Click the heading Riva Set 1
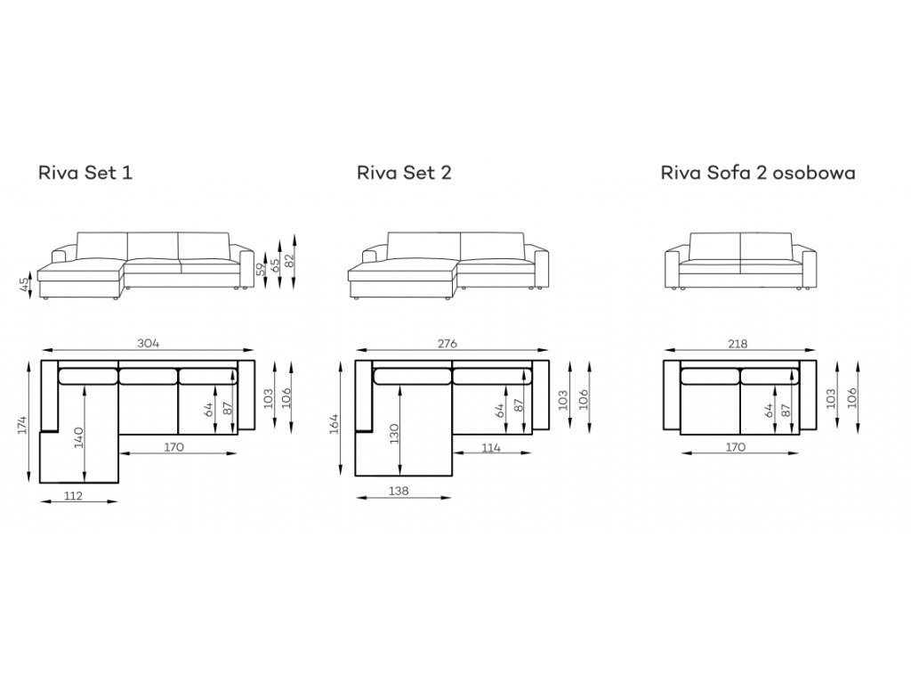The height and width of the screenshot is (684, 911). [x=85, y=173]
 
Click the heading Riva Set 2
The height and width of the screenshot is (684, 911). [x=404, y=173]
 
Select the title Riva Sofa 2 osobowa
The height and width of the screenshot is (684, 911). [x=758, y=173]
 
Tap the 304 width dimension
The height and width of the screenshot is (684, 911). [x=149, y=343]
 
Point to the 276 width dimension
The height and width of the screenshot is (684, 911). [x=447, y=343]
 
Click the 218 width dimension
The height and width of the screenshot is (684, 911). [x=738, y=343]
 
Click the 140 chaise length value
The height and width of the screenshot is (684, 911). [x=78, y=437]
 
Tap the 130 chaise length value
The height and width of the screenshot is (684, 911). [x=394, y=434]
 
